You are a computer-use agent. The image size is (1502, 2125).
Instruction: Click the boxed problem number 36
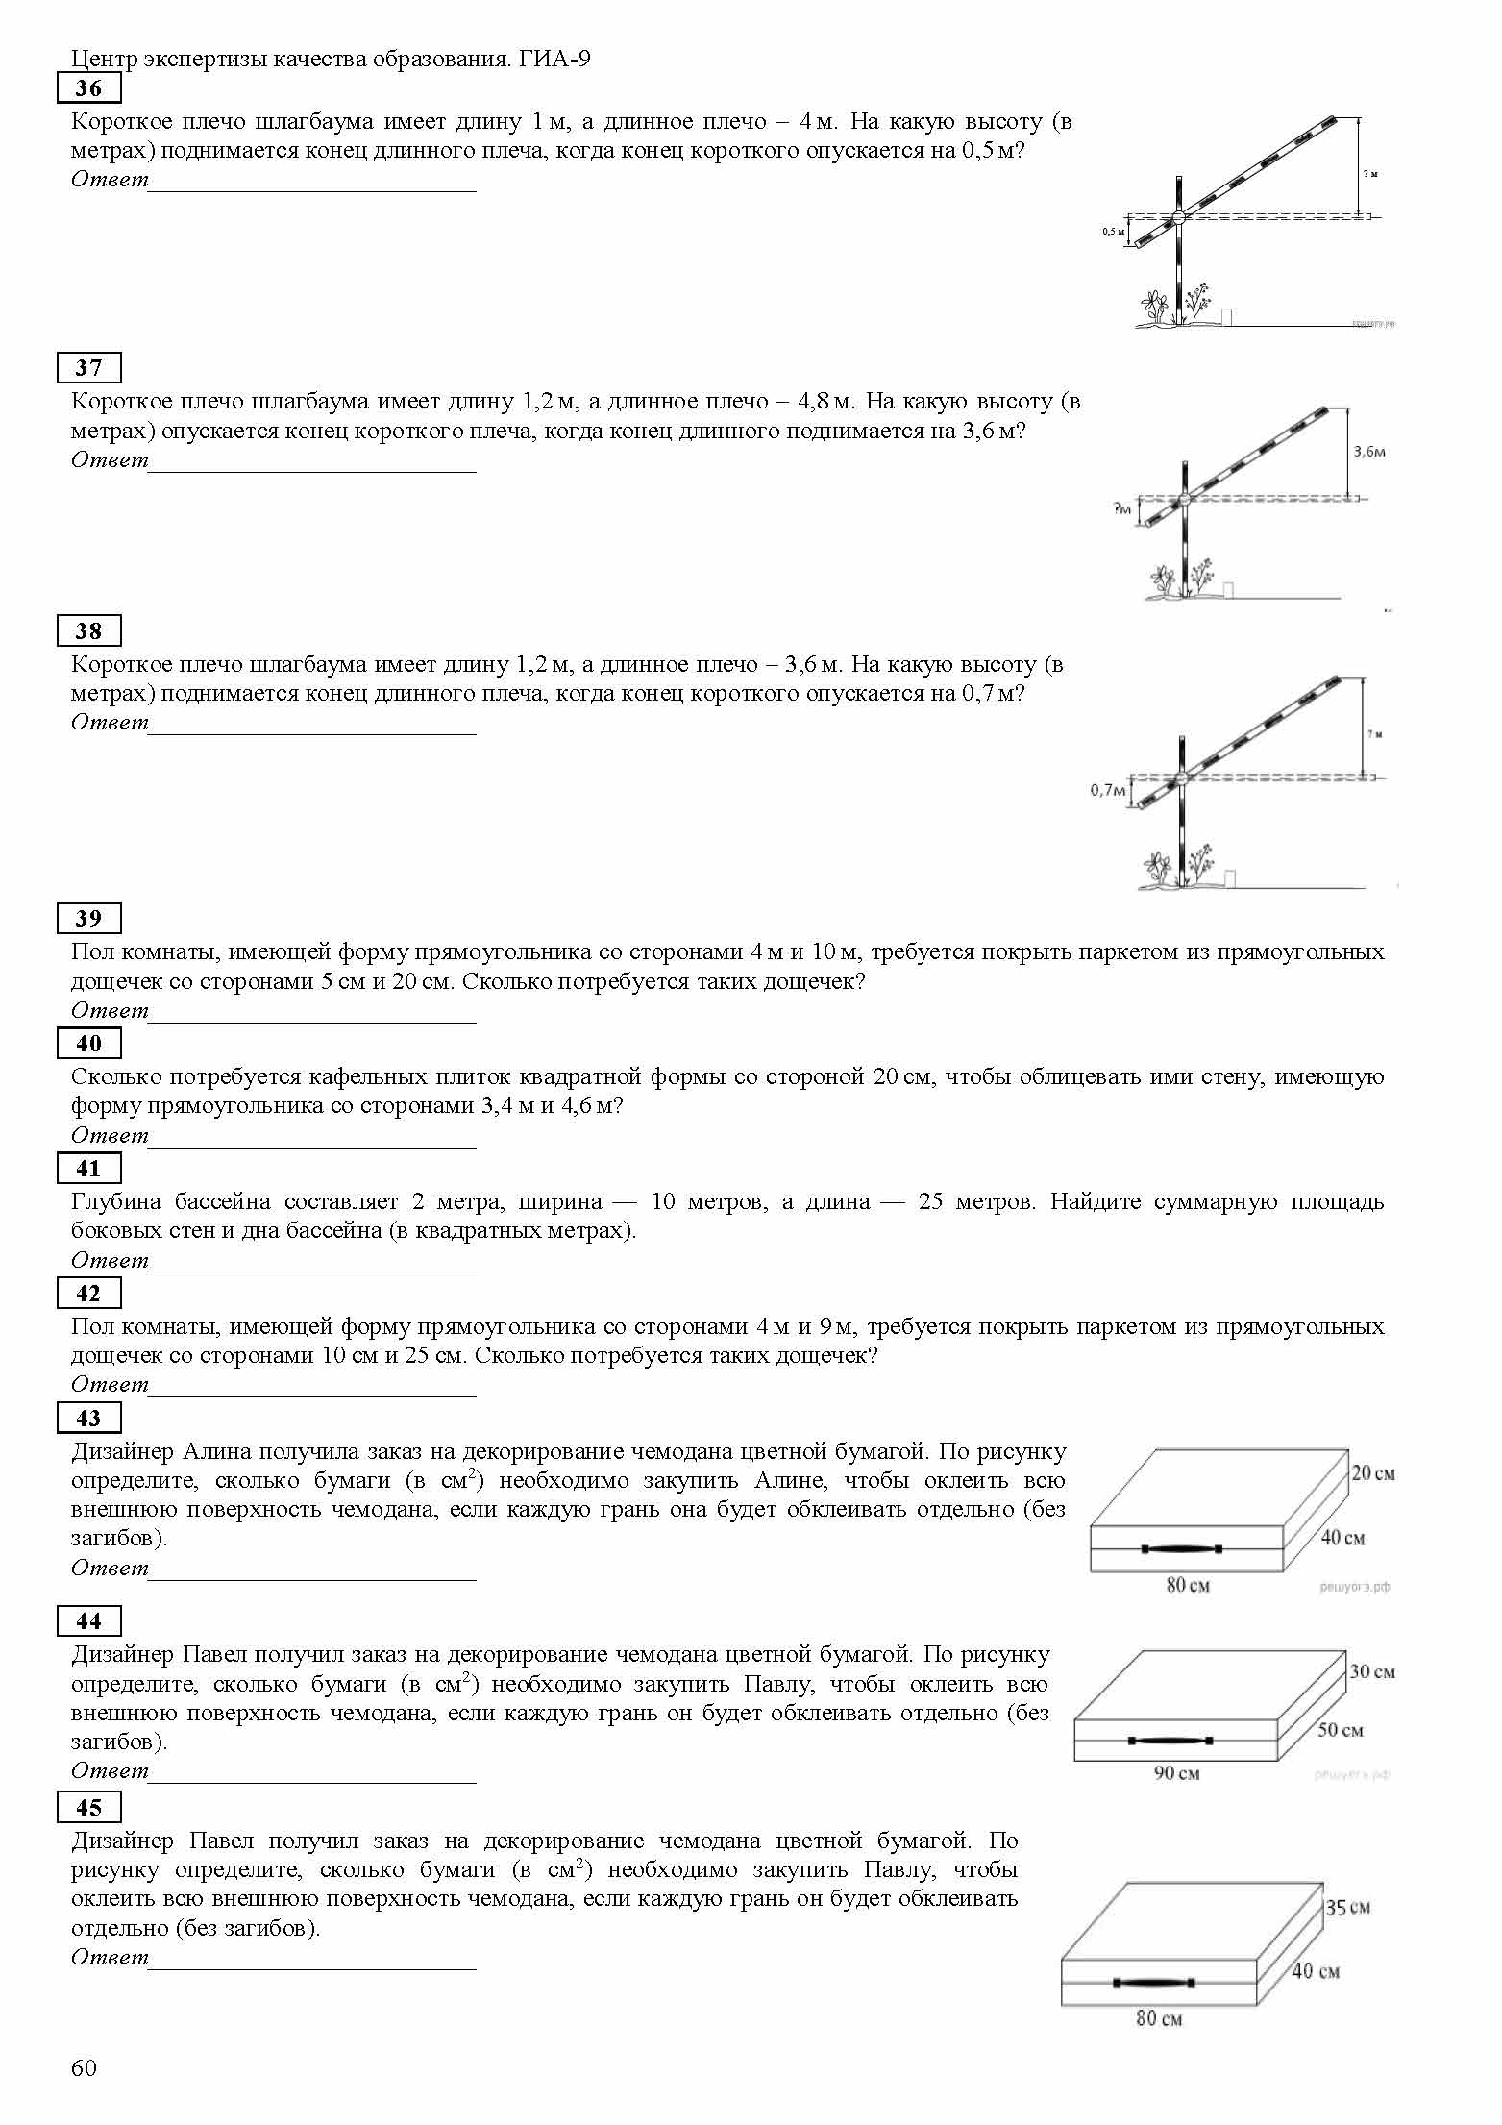(x=88, y=88)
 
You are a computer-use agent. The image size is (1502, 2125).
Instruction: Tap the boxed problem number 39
(x=88, y=919)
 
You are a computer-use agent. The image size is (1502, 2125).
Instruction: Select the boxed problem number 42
(x=88, y=1294)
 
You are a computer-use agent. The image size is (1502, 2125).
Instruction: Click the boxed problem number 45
(x=88, y=1808)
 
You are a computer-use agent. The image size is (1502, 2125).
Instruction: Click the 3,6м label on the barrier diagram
(x=1369, y=451)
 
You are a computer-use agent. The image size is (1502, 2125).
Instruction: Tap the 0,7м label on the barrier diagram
(x=1107, y=790)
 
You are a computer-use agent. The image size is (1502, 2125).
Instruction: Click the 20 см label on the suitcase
(x=1373, y=1473)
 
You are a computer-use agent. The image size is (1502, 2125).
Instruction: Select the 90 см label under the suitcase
(x=1176, y=1773)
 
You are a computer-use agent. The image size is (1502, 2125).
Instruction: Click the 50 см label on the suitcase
(x=1340, y=1730)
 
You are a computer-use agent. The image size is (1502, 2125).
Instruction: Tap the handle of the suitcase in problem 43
(x=1181, y=1548)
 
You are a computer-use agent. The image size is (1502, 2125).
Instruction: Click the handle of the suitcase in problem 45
(x=1152, y=1983)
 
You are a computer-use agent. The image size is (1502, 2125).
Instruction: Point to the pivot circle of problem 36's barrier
(x=1179, y=217)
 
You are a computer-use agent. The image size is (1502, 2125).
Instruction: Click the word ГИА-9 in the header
(x=554, y=60)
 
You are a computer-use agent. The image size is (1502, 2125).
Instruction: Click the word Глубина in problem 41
(x=114, y=1202)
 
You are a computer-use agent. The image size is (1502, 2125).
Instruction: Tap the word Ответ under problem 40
(x=110, y=1136)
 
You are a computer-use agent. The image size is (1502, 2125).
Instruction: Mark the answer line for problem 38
(x=312, y=733)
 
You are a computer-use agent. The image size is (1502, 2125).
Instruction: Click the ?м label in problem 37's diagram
(x=1122, y=507)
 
